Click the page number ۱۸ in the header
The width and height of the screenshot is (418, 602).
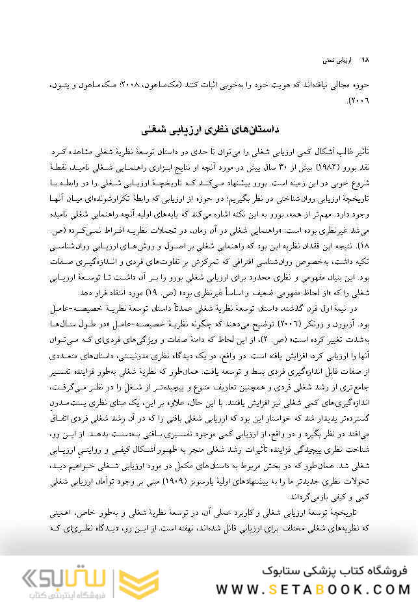click(x=365, y=59)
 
